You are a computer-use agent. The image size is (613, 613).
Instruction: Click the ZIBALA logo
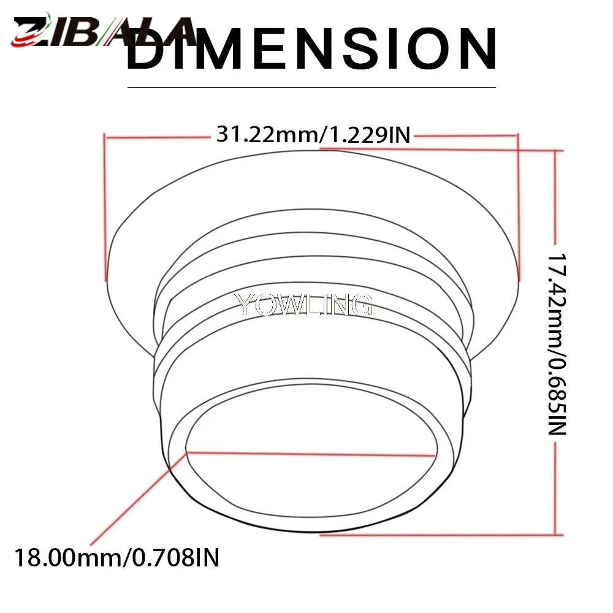104,31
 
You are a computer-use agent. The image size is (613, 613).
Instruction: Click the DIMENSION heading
311,49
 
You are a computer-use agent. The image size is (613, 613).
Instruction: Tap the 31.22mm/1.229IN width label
313,135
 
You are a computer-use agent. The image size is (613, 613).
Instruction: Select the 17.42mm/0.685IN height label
557,344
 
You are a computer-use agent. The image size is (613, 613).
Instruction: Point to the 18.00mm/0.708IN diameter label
116,557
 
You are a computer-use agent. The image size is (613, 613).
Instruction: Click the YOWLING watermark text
303,305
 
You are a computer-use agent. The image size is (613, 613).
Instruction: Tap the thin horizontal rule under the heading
311,87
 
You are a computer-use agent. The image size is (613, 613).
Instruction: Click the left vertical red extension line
105,207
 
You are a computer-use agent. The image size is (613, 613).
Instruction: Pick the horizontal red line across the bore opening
311,454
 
